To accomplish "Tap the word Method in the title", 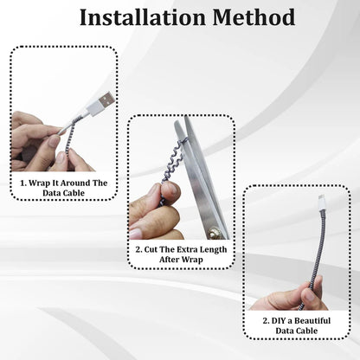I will pyautogui.click(x=251, y=17).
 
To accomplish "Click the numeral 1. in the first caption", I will pyautogui.click(x=22, y=183).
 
